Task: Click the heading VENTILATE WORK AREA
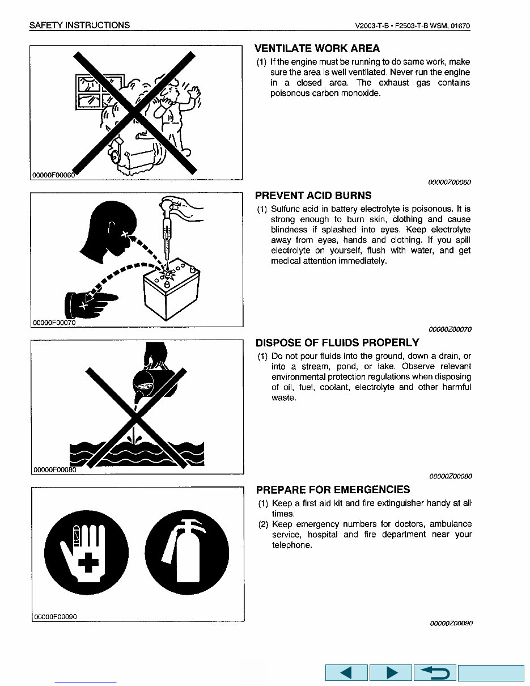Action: (317, 49)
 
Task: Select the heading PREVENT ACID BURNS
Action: (313, 196)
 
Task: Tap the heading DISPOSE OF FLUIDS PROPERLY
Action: (337, 343)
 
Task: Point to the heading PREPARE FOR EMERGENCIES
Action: (333, 490)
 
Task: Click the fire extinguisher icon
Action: (186, 552)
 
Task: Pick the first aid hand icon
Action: (86, 552)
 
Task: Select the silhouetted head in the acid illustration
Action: (108, 232)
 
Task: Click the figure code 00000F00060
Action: (54, 175)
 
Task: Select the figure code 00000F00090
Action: (54, 616)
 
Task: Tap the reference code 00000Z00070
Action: (450, 329)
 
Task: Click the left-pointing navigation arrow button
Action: (346, 673)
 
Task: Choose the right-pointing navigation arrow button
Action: (391, 673)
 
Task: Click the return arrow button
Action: (435, 673)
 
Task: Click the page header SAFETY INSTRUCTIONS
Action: (79, 25)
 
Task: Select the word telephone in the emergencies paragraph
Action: (291, 545)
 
